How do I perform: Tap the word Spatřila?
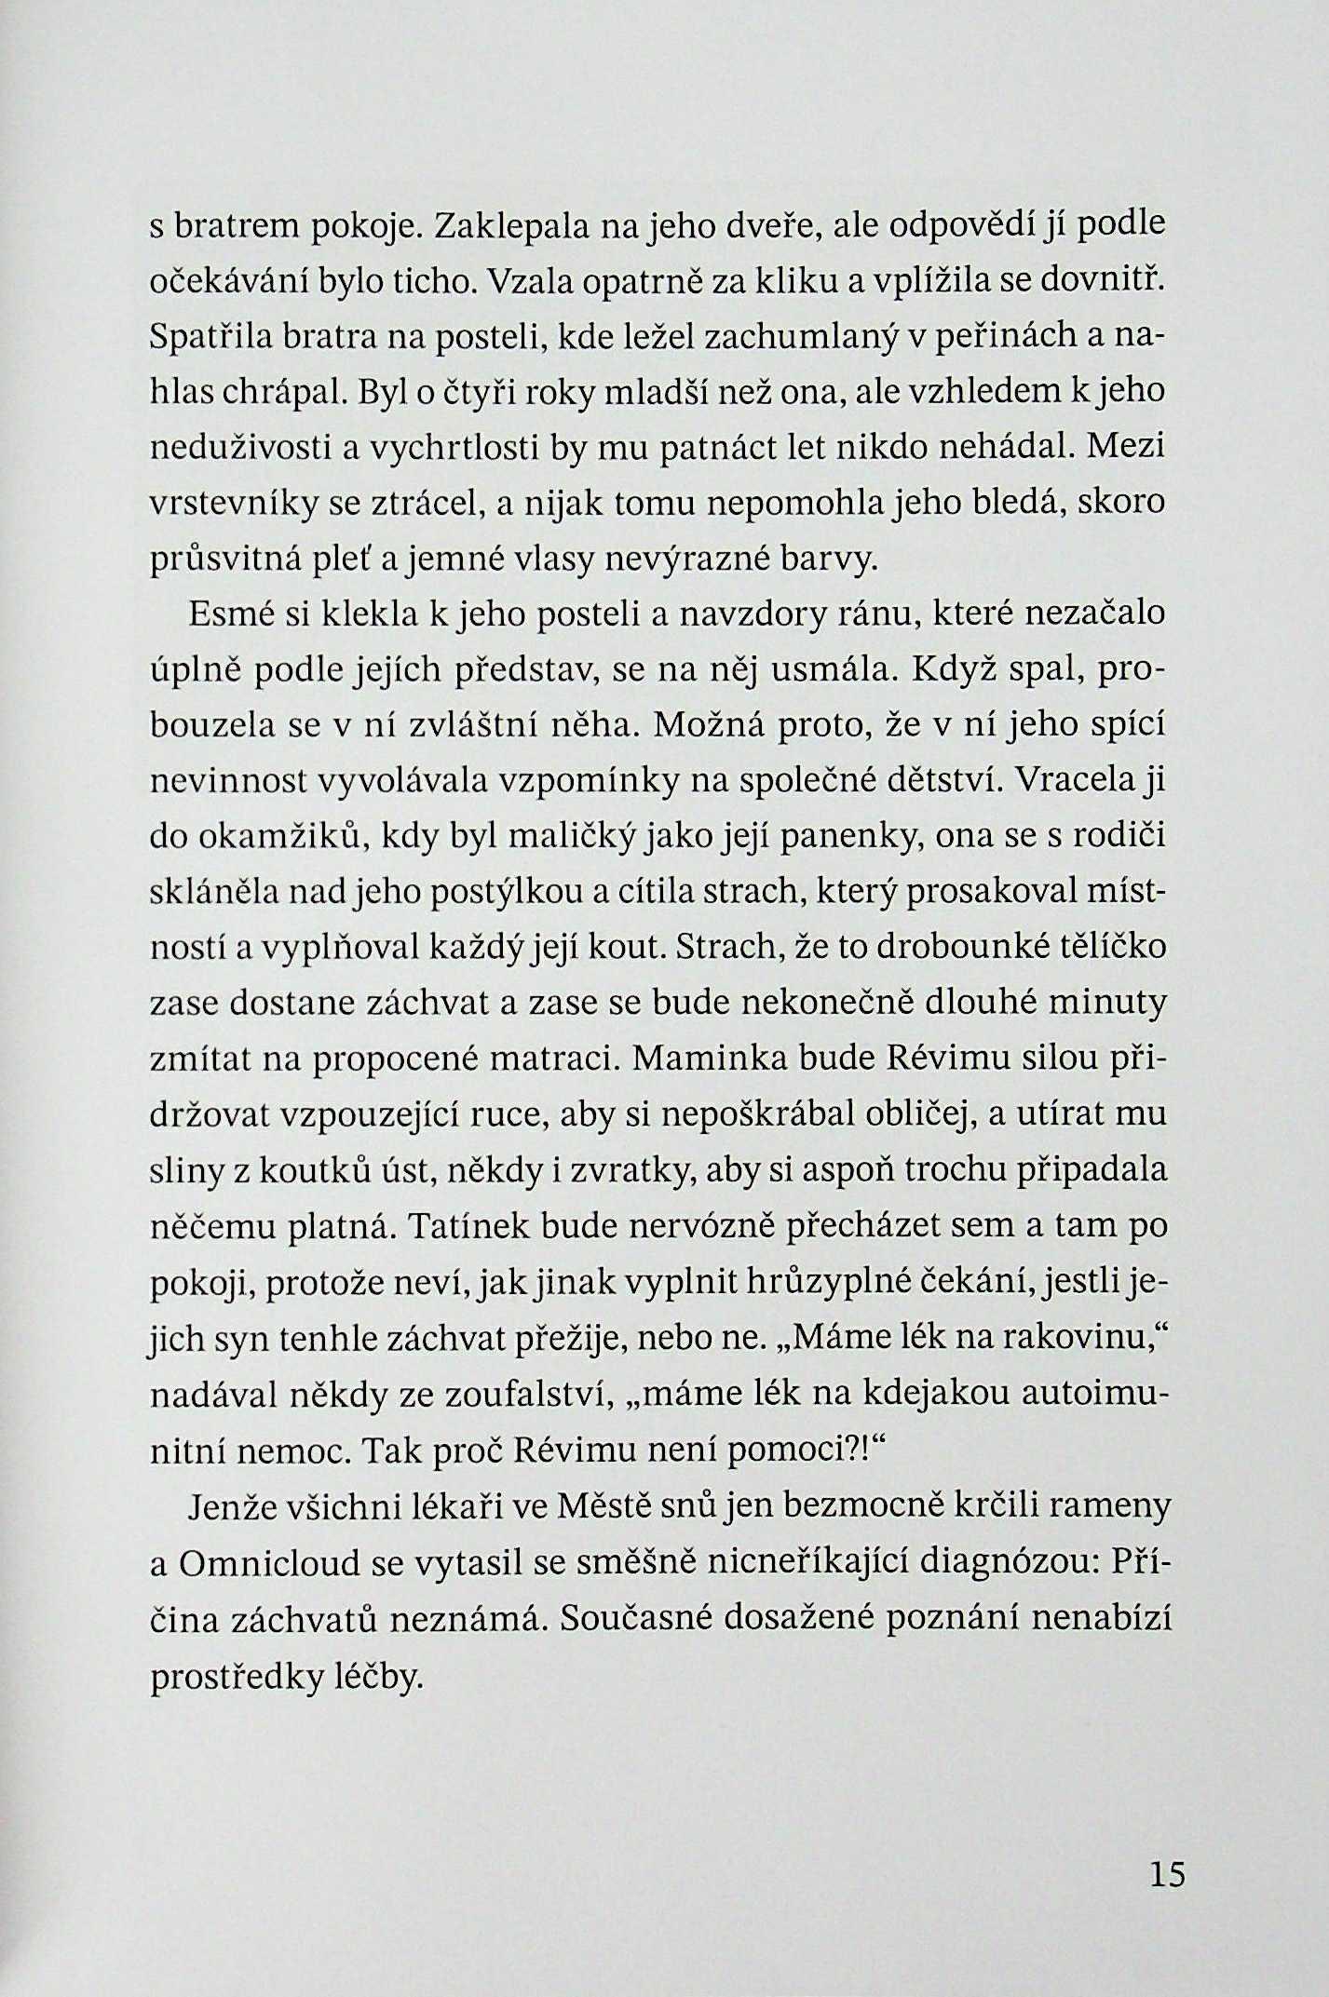[x=209, y=338]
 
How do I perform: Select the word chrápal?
[x=284, y=392]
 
